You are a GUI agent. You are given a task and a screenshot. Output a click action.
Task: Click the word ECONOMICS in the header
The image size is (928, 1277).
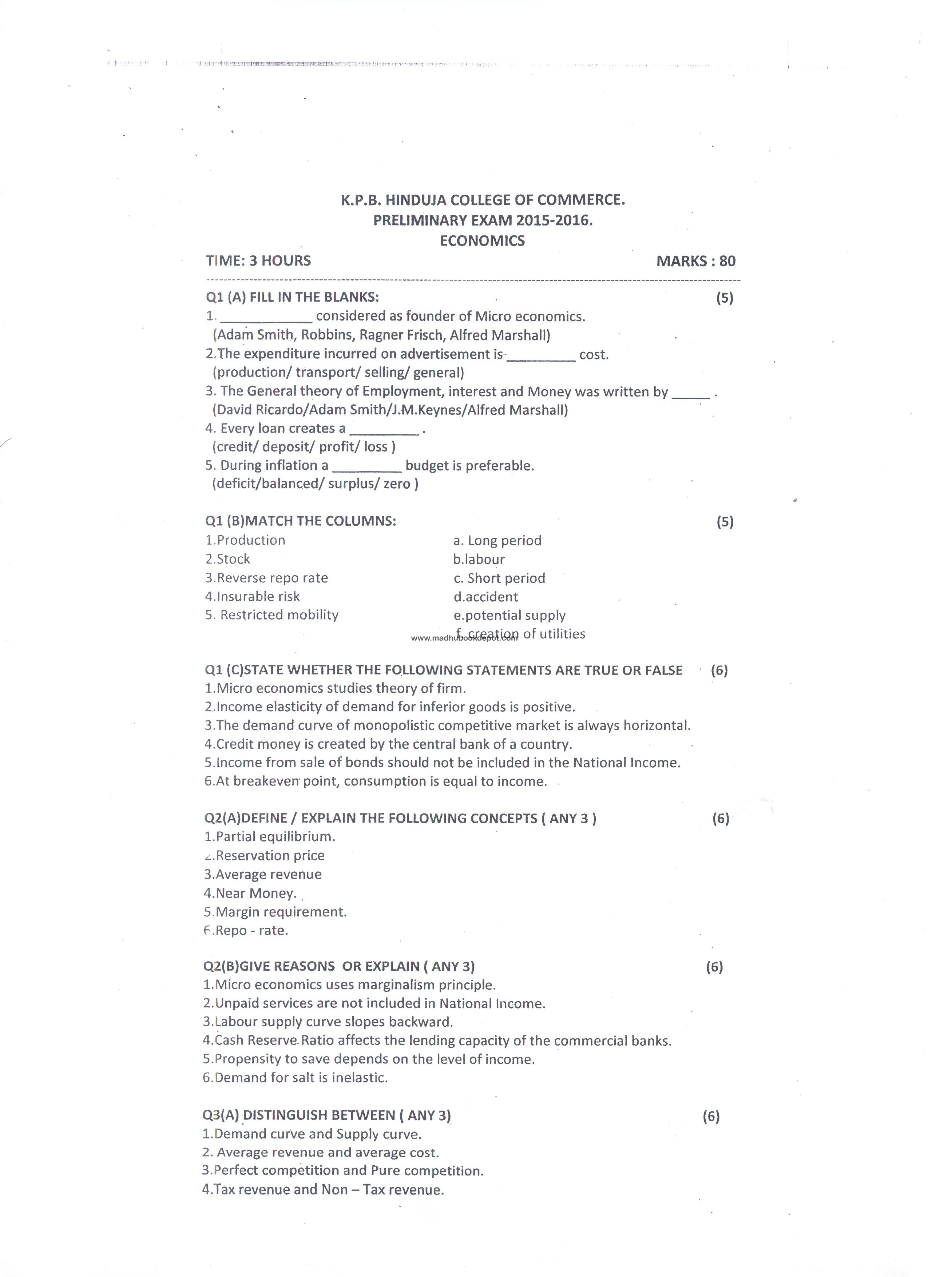coord(482,240)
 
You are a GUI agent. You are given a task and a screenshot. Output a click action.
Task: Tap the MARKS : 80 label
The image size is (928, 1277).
coord(695,261)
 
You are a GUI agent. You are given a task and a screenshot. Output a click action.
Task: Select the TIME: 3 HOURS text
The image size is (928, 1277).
coord(258,261)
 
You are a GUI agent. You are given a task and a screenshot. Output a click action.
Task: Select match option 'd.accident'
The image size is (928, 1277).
coord(485,597)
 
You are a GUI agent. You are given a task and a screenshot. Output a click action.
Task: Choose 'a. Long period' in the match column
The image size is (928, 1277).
coord(497,541)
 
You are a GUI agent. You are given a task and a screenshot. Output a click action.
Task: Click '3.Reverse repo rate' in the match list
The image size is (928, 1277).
coord(266,578)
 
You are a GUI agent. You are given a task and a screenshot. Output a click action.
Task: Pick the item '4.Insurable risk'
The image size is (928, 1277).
coord(252,596)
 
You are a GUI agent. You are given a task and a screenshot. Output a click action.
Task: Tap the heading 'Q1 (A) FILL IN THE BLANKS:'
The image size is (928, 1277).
coord(292,297)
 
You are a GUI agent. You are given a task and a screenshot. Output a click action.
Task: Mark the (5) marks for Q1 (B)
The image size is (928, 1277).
coord(725,522)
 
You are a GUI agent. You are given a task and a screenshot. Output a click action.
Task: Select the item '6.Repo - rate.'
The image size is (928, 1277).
coord(246,930)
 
